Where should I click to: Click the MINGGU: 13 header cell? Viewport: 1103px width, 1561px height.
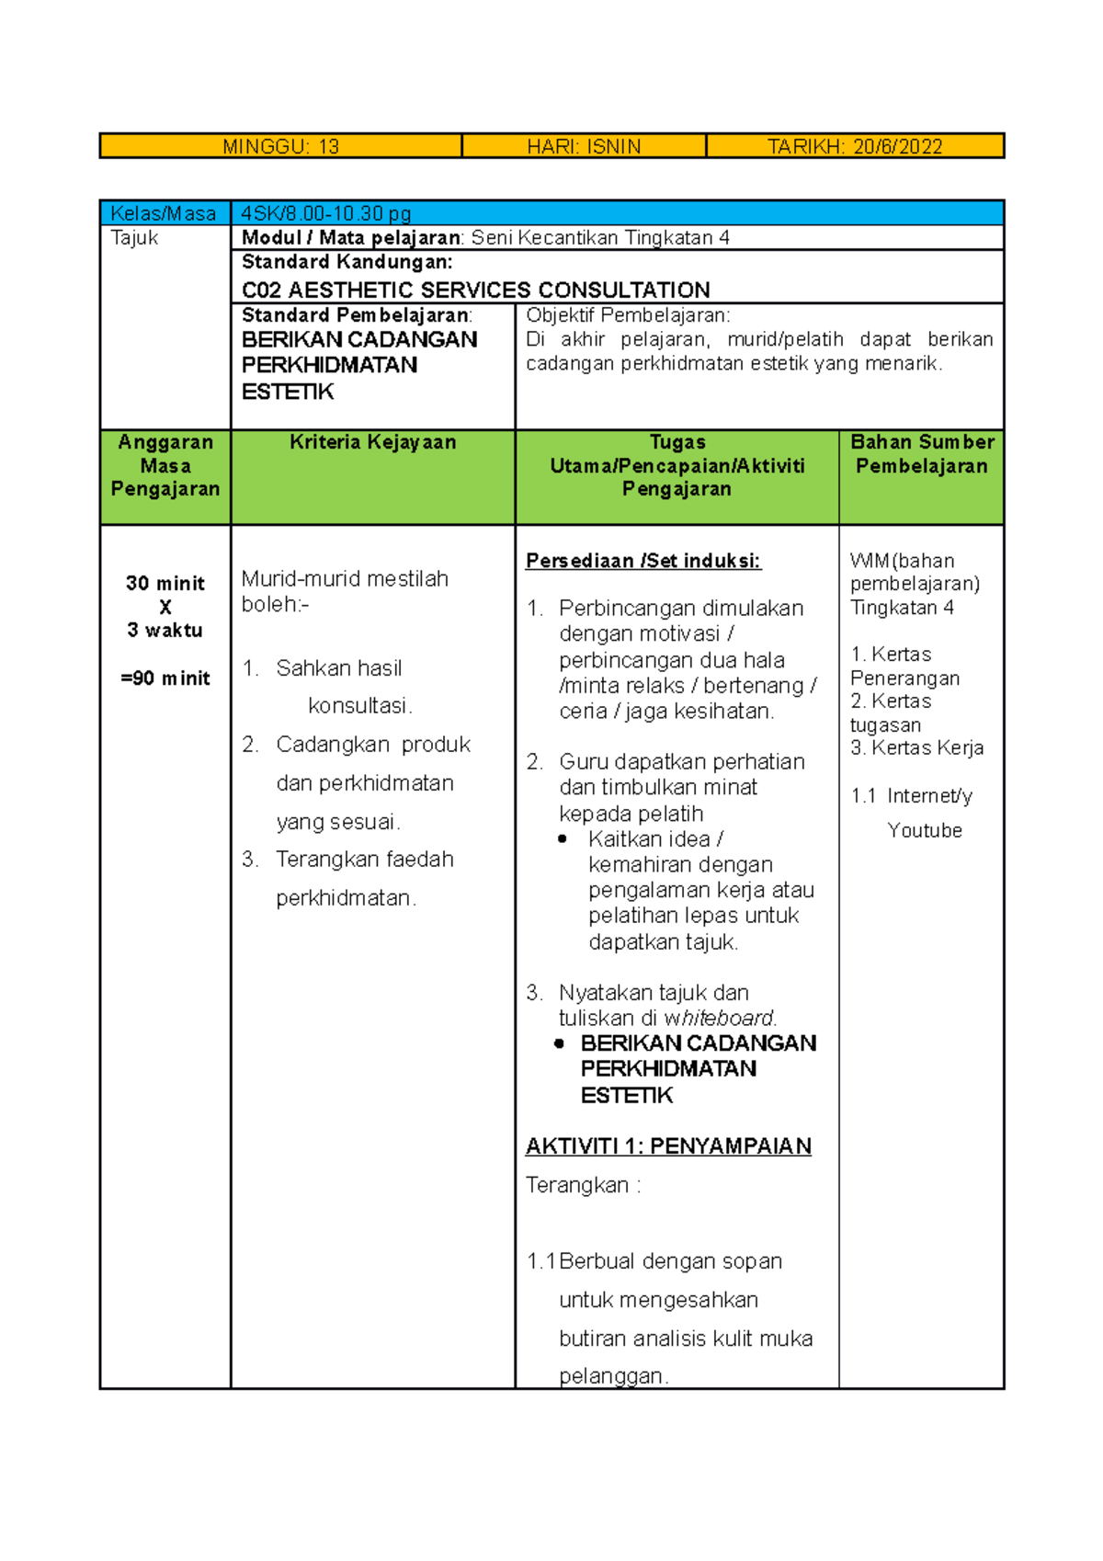click(280, 146)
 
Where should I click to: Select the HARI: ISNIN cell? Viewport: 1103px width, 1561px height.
click(584, 146)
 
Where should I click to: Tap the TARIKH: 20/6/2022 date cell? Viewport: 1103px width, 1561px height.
click(855, 146)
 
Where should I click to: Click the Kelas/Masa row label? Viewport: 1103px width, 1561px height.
click(163, 214)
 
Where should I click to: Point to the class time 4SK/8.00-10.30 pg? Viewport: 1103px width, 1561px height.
click(325, 214)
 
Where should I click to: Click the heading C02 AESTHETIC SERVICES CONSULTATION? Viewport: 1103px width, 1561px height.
click(475, 290)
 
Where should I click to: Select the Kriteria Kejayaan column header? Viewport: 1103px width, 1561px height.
click(372, 442)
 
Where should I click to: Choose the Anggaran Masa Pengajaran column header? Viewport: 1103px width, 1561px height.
click(165, 465)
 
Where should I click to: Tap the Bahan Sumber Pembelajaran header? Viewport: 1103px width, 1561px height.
click(922, 453)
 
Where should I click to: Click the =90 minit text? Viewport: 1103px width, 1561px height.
click(165, 678)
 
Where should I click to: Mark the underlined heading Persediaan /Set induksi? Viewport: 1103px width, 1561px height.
click(642, 561)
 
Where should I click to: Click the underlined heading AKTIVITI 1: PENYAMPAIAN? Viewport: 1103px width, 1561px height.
click(668, 1146)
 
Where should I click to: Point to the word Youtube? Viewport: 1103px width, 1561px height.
click(925, 830)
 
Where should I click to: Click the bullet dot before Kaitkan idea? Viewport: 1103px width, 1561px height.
click(563, 839)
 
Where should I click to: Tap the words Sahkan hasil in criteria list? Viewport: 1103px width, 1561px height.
click(338, 668)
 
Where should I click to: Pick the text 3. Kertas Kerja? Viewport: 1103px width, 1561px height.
click(916, 748)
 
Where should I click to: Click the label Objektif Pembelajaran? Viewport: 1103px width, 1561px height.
click(628, 315)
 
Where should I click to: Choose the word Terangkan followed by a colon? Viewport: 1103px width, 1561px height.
click(577, 1185)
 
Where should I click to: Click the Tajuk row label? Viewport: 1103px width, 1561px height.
click(134, 238)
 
